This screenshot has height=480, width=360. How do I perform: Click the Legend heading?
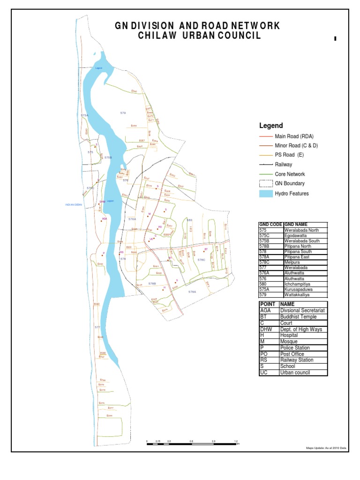click(x=271, y=126)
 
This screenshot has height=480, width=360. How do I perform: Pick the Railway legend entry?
click(x=286, y=165)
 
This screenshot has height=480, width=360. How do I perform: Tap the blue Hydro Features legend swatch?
click(x=266, y=194)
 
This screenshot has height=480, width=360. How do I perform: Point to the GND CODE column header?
click(x=271, y=225)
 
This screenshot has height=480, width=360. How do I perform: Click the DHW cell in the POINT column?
click(x=265, y=330)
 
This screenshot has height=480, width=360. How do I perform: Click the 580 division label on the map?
click(x=190, y=219)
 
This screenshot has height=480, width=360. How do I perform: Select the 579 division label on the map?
click(x=123, y=113)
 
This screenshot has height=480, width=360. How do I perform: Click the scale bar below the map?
click(x=192, y=443)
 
